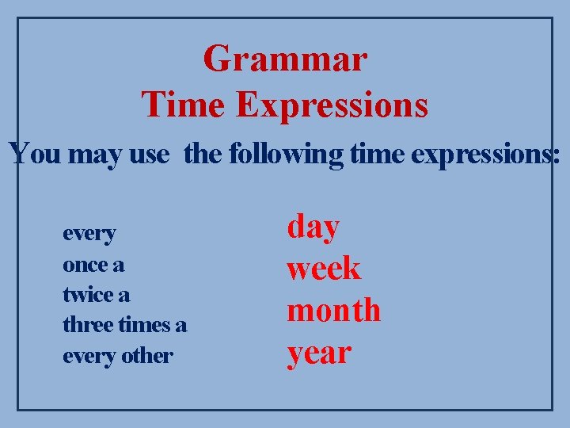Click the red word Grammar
[285, 59]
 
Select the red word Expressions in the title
[332, 105]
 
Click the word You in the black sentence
[35, 153]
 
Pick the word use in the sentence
[148, 153]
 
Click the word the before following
[203, 153]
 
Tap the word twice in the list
[87, 295]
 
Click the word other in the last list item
[147, 356]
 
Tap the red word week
[323, 269]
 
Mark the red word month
[333, 310]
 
